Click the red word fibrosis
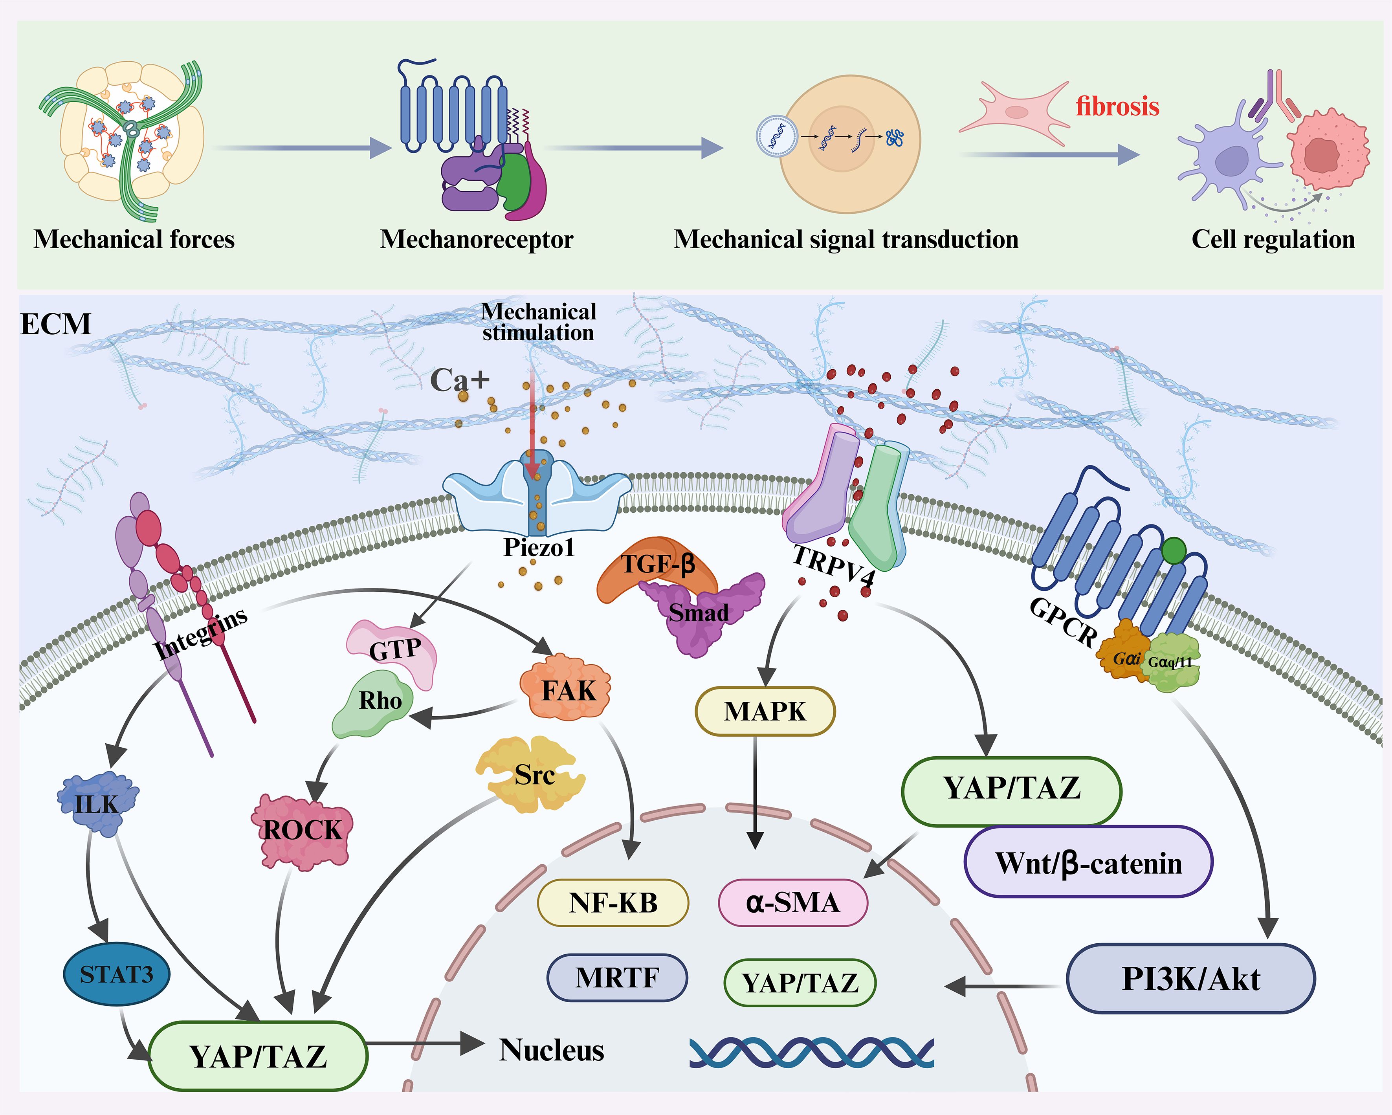1117,106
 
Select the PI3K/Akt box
1190,979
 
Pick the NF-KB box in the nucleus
613,902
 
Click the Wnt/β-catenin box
1089,862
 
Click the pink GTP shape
394,649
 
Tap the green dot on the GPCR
1173,551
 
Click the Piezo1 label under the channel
539,548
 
